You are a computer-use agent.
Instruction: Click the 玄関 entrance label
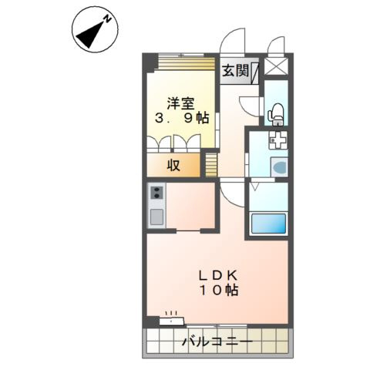pyautogui.click(x=235, y=72)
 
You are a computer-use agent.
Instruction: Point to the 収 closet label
pyautogui.click(x=176, y=165)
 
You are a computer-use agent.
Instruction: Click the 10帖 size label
pyautogui.click(x=220, y=291)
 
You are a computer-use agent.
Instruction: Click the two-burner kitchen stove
pyautogui.click(x=156, y=193)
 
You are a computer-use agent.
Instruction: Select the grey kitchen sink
pyautogui.click(x=156, y=215)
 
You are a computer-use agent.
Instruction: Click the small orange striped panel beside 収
pyautogui.click(x=210, y=163)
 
